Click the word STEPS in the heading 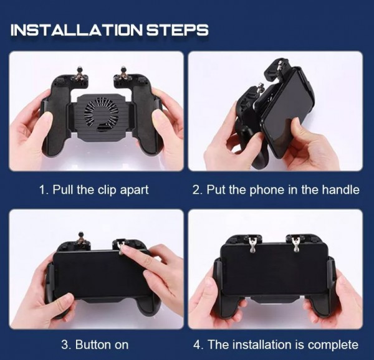tap(177, 30)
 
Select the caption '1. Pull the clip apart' tap(94, 190)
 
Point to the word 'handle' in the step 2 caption tap(341, 190)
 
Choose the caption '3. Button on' tap(95, 345)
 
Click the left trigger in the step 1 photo tap(80, 73)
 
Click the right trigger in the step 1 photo tap(123, 73)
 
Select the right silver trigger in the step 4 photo tap(295, 244)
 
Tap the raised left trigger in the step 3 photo tap(81, 239)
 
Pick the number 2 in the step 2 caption tap(196, 190)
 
